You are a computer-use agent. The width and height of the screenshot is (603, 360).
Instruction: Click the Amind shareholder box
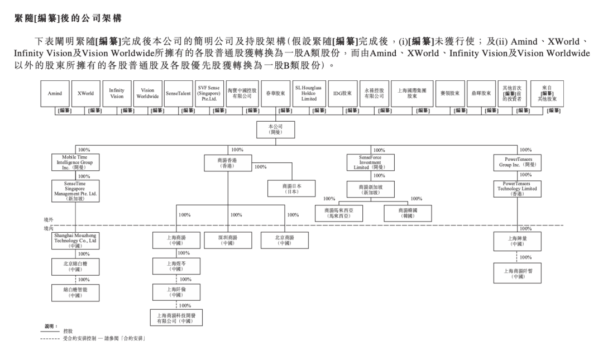55,94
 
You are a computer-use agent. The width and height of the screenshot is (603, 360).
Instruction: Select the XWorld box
85,94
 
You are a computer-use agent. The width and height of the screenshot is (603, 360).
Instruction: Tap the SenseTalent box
178,94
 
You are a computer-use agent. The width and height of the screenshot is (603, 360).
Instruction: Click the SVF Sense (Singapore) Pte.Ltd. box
209,94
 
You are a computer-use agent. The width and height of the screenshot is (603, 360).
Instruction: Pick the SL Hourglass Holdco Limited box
309,94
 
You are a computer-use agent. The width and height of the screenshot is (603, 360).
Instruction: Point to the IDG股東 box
341,94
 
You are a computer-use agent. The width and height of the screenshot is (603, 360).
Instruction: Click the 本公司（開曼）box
275,129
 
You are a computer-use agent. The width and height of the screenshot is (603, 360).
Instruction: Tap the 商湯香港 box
228,163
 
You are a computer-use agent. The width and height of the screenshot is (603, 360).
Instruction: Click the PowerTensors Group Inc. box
518,163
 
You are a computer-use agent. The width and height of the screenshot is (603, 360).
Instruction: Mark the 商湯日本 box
291,189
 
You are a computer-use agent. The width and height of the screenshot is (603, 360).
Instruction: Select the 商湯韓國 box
408,213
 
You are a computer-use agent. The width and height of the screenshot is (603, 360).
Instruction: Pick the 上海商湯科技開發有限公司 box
176,318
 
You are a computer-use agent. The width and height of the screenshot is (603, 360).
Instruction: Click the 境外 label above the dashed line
48,220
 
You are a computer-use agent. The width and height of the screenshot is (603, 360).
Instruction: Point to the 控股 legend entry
68,330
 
